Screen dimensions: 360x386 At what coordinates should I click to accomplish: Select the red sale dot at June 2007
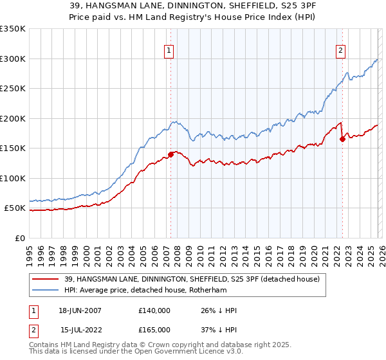[171, 154]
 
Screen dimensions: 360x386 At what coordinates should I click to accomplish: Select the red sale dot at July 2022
[343, 139]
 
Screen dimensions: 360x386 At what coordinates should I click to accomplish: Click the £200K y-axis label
[13, 118]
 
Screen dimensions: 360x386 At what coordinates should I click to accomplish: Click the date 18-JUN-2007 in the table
[80, 310]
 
